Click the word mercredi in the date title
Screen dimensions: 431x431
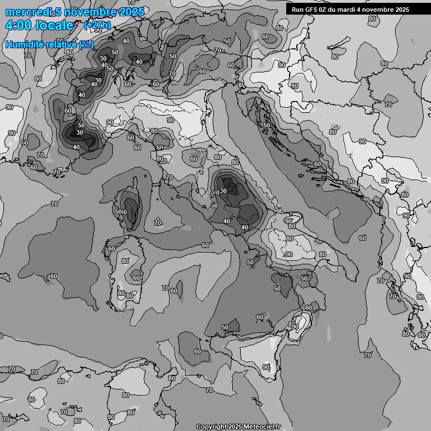click(29, 12)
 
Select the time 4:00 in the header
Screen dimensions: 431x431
click(17, 25)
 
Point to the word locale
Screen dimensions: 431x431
click(54, 25)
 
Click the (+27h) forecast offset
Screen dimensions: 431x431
click(97, 25)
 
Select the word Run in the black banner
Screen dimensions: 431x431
click(297, 10)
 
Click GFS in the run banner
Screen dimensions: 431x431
click(311, 10)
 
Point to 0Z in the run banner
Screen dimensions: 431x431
click(324, 10)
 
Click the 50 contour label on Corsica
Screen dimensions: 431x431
click(118, 212)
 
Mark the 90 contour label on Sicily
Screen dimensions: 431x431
click(266, 367)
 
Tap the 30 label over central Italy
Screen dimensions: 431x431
click(223, 191)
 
